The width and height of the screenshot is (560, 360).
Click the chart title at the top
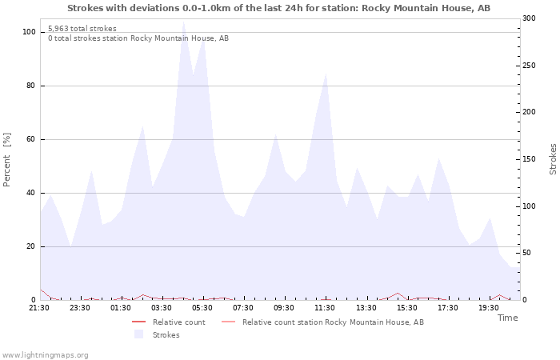click(x=279, y=8)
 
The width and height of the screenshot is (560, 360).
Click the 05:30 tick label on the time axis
click(x=202, y=307)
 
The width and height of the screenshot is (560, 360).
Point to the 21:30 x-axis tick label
click(x=39, y=307)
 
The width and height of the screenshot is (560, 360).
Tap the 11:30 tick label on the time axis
click(x=325, y=307)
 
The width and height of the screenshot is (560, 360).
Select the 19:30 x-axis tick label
click(x=488, y=307)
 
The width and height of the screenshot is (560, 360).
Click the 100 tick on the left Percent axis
click(x=29, y=32)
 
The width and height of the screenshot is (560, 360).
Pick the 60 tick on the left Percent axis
click(x=31, y=139)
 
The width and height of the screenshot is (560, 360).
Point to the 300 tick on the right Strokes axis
click(x=530, y=18)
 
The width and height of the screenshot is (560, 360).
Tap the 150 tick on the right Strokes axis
click(x=530, y=159)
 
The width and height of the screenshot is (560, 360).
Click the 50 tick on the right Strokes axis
click(x=527, y=253)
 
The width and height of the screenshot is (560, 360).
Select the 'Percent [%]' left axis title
click(x=7, y=159)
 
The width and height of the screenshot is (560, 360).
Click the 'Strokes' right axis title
click(x=553, y=159)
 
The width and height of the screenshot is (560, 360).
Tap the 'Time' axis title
click(x=507, y=318)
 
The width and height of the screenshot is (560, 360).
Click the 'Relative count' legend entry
click(x=178, y=322)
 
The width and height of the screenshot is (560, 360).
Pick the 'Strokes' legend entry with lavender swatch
click(x=166, y=334)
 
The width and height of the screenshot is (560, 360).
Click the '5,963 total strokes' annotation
click(x=82, y=29)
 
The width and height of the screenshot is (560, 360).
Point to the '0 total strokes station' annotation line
click(x=138, y=38)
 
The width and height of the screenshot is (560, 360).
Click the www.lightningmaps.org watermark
click(x=45, y=354)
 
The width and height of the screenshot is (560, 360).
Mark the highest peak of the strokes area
click(x=183, y=21)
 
